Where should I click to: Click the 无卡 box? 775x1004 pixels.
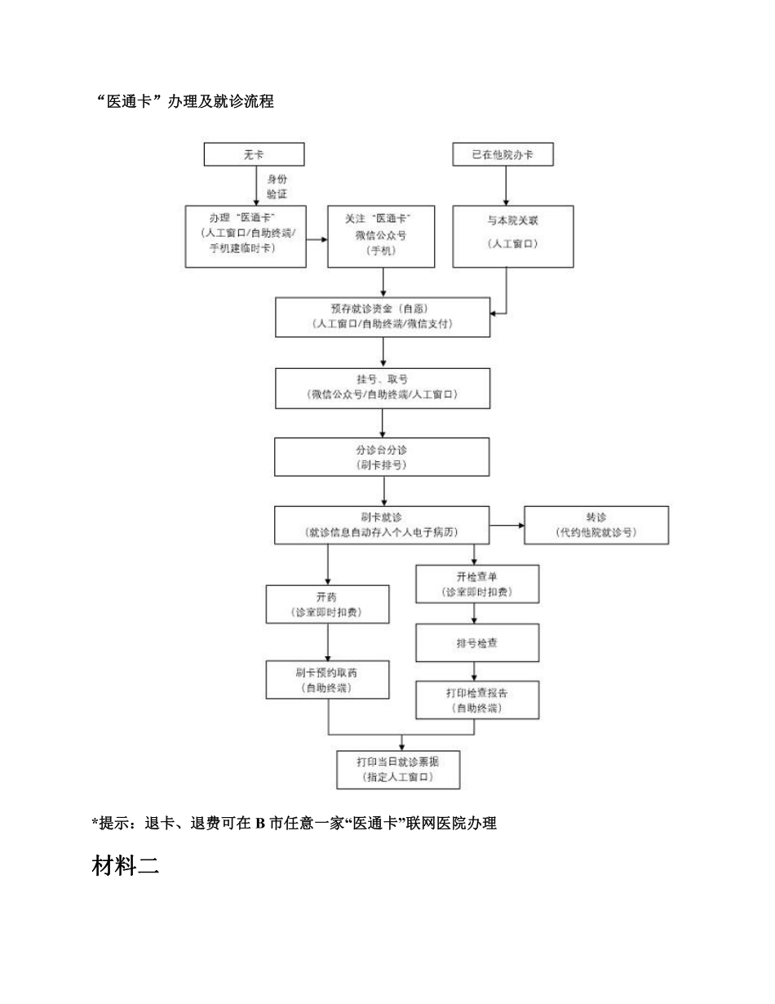tap(254, 154)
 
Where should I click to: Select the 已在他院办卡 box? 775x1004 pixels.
tap(503, 154)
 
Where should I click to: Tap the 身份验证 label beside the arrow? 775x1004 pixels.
tap(277, 186)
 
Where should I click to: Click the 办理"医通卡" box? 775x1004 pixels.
tap(246, 236)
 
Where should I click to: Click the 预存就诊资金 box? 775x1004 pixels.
tap(383, 317)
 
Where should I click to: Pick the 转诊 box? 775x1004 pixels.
tap(596, 525)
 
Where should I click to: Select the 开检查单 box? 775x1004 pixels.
tap(477, 584)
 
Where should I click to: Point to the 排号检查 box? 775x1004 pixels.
tap(477, 643)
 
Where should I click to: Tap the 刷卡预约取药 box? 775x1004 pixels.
tap(327, 681)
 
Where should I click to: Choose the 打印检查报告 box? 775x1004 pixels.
tap(477, 700)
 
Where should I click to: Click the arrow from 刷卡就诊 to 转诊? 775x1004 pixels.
tap(507, 525)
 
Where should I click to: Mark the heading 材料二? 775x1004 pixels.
tap(125, 867)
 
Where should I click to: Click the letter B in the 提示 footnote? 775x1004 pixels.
tap(259, 824)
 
